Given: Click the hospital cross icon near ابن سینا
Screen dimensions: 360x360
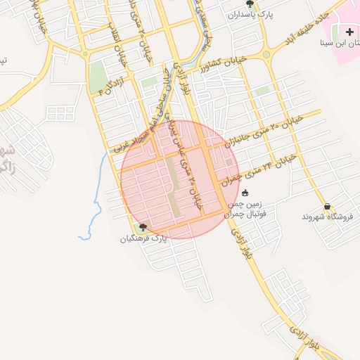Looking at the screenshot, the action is point(350,32).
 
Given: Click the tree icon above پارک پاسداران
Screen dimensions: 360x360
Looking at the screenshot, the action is point(250,4).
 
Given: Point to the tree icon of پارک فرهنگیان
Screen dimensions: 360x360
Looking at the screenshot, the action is point(143,227).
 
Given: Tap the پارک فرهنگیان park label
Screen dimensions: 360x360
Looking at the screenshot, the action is point(143,238).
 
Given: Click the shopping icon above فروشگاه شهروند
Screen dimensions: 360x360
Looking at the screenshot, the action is point(327,207).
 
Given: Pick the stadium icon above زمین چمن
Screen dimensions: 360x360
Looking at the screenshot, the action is point(245,193).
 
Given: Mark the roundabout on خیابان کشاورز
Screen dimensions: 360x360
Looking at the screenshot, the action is point(266,55).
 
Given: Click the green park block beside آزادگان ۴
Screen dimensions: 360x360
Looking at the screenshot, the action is point(96,77).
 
